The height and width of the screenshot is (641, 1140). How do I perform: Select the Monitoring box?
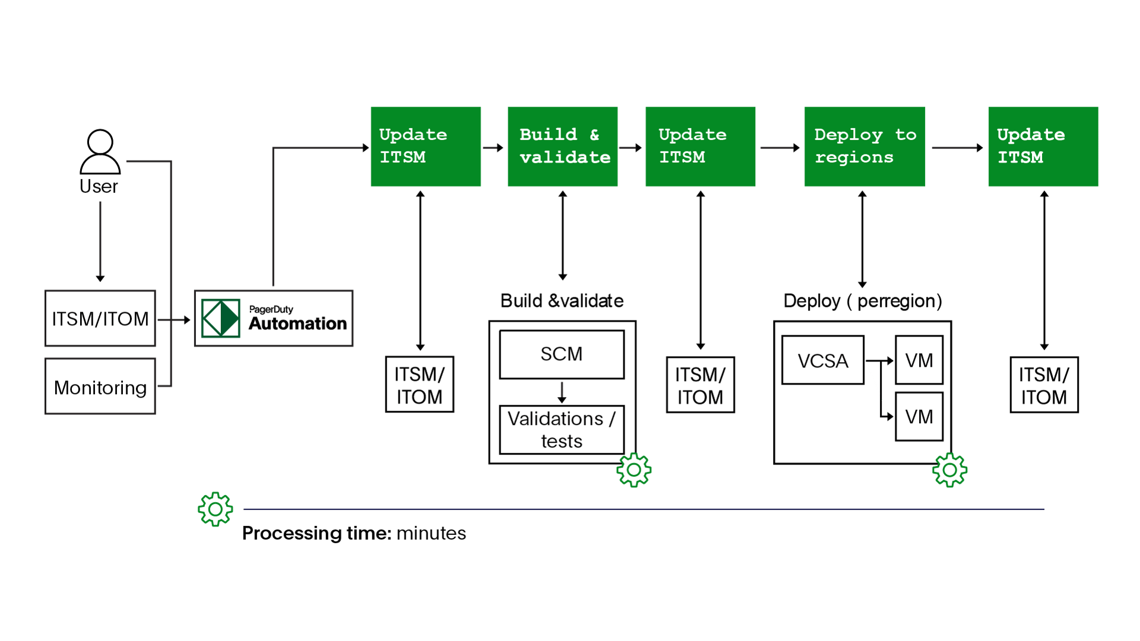tap(100, 387)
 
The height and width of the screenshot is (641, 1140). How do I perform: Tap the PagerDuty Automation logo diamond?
tap(221, 319)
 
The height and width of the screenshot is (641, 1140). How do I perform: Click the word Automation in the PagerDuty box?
tap(297, 323)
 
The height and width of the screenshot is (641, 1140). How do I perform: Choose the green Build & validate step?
tap(562, 147)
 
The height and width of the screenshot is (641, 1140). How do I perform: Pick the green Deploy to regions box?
tap(864, 147)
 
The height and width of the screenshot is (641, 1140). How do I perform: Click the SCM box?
tap(562, 354)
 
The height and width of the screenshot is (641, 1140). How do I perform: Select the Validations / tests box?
tap(562, 430)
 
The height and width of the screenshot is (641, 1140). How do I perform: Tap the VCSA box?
tap(822, 360)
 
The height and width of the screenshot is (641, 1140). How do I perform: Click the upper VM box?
tap(919, 360)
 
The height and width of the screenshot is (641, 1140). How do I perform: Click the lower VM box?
tap(919, 417)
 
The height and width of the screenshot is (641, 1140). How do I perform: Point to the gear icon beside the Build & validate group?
tap(634, 470)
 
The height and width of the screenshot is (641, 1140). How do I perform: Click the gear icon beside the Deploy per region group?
tap(949, 470)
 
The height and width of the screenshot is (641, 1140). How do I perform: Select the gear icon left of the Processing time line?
tap(215, 509)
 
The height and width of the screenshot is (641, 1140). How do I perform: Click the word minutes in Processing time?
tap(431, 534)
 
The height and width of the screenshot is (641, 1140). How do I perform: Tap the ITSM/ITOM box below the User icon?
tap(100, 319)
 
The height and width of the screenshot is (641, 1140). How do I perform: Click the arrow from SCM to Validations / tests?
tap(562, 392)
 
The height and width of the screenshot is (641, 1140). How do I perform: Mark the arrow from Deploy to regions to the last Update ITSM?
tap(957, 147)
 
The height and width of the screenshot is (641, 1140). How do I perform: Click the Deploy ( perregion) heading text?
tap(862, 301)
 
